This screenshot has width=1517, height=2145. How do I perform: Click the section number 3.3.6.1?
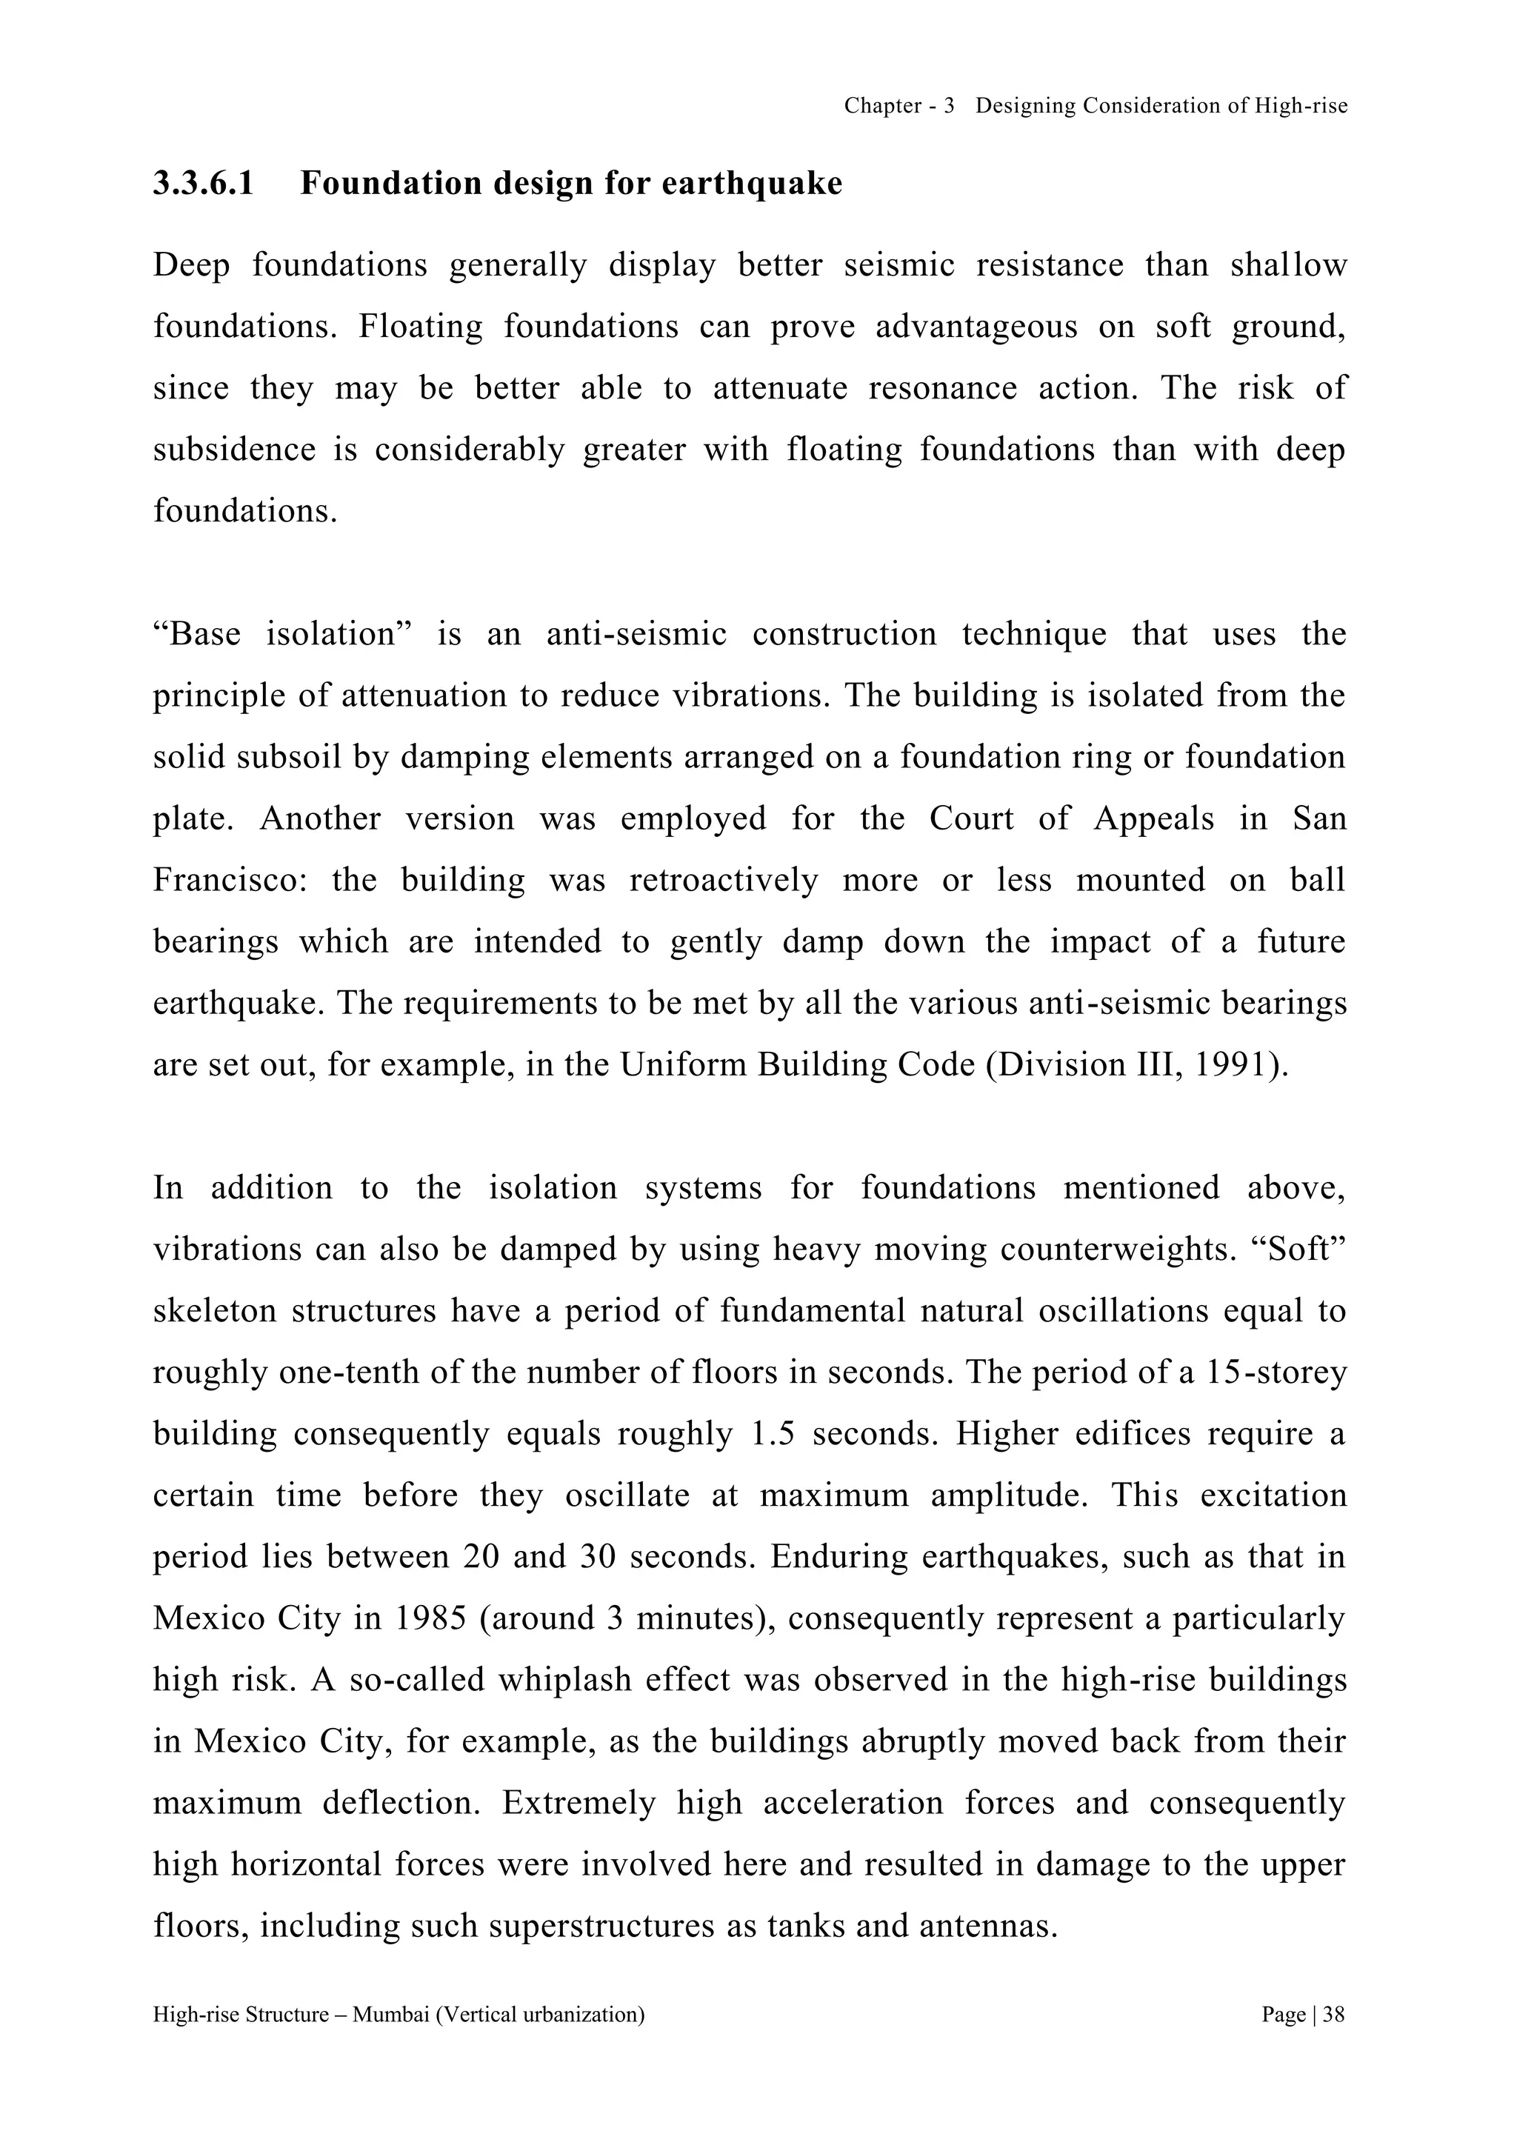pyautogui.click(x=203, y=183)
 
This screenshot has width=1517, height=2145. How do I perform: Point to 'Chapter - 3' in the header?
pyautogui.click(x=898, y=106)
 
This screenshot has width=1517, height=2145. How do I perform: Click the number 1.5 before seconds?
pyautogui.click(x=773, y=1434)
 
